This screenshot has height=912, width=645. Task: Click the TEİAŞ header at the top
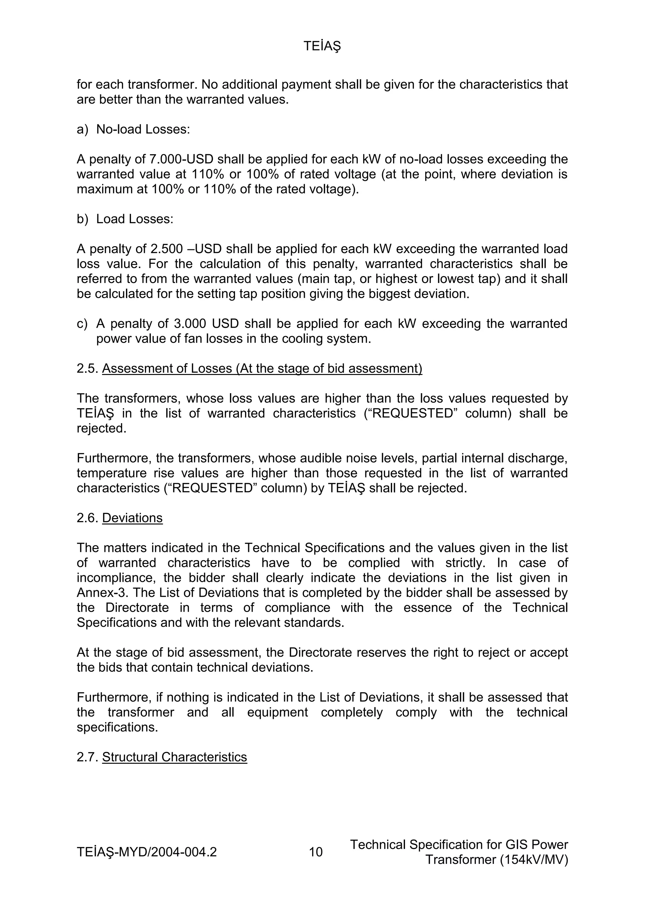coord(322,47)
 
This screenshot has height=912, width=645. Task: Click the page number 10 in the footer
coord(316,852)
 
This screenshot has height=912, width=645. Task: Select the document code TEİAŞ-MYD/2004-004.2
coord(147,852)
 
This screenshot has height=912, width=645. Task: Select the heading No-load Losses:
coord(143,129)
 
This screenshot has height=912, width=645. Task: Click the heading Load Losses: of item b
coord(135,219)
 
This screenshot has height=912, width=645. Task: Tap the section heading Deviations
coord(132,518)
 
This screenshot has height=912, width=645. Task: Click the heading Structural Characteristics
coord(174,757)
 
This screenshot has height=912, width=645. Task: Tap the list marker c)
coord(82,324)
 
